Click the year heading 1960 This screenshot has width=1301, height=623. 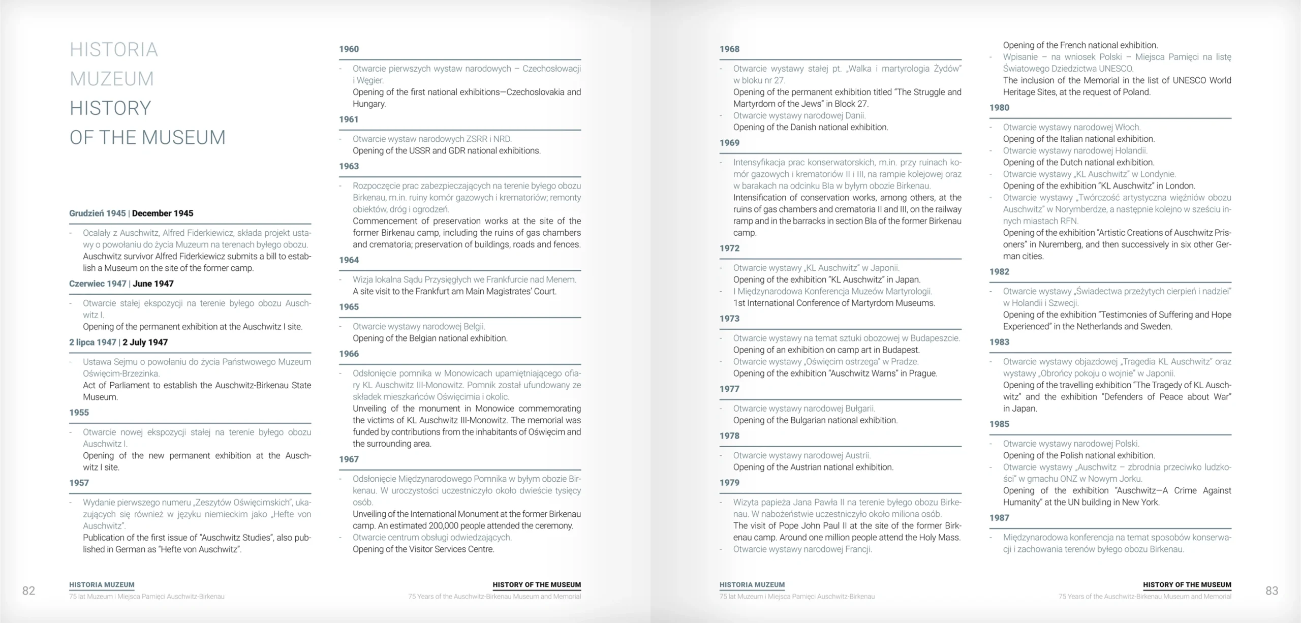(x=349, y=49)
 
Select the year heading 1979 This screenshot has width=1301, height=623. (x=729, y=483)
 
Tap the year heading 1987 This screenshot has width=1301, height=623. (x=999, y=518)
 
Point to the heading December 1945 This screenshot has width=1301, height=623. (x=163, y=213)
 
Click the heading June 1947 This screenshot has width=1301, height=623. (x=153, y=284)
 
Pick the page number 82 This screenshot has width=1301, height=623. (x=28, y=590)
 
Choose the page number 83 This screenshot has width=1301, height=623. (x=1272, y=590)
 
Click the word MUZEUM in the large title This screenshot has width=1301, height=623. (x=112, y=79)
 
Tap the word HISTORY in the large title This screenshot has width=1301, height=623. (x=110, y=108)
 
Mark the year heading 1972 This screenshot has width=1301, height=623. (x=729, y=248)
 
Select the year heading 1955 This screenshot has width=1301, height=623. (x=79, y=413)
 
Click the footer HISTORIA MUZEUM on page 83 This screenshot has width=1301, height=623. (x=752, y=585)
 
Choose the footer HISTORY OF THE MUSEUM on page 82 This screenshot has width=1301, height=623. (x=537, y=585)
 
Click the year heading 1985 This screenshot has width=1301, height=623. (x=999, y=424)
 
